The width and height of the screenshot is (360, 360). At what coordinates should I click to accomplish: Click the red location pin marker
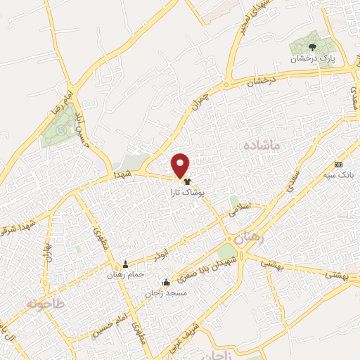[181, 165]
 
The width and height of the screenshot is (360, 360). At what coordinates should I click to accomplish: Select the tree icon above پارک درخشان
[313, 48]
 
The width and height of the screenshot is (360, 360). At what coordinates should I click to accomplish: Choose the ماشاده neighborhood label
[260, 145]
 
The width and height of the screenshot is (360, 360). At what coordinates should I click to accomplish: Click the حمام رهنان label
[126, 274]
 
